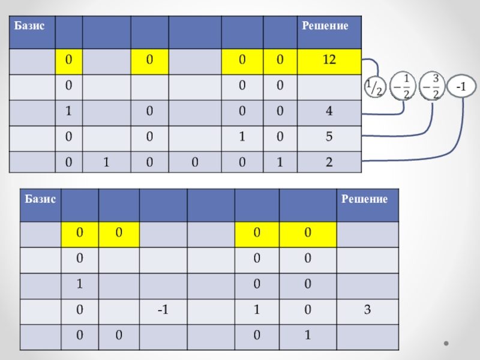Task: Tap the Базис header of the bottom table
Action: [x=40, y=199]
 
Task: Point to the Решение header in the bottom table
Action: [x=364, y=199]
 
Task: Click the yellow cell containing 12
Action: [x=329, y=61]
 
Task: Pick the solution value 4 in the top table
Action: [x=329, y=111]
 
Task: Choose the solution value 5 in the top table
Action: [x=329, y=136]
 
